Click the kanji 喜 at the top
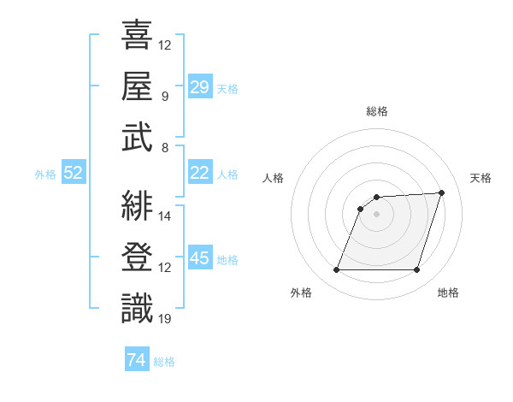137,35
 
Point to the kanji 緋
137,206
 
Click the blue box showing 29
199,87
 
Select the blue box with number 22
199,173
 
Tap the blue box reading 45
199,258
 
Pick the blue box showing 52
73,173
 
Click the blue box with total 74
136,360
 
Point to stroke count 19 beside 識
165,319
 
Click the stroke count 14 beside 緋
165,216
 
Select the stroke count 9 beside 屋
164,96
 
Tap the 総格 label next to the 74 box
165,362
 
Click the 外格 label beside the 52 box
45,174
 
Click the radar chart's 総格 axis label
376,111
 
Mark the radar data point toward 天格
441,192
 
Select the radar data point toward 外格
336,270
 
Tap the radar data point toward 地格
416,270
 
